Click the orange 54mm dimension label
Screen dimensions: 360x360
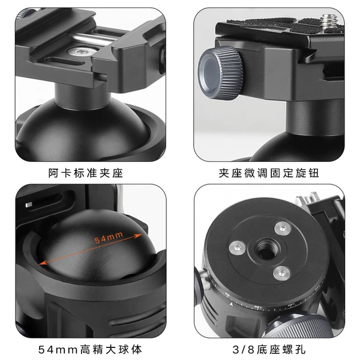[x=109, y=237]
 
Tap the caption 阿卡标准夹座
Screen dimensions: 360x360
[x=86, y=173]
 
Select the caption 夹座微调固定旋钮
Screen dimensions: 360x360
[x=269, y=173]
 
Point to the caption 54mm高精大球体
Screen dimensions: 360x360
[x=90, y=350]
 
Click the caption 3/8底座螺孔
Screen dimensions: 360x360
[x=269, y=350]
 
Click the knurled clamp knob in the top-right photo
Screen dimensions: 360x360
[x=221, y=73]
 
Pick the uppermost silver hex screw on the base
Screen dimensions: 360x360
[x=283, y=228]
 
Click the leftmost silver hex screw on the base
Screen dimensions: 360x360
[x=237, y=247]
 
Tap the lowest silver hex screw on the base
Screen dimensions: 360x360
[x=282, y=273]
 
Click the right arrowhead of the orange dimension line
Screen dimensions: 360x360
[x=139, y=236]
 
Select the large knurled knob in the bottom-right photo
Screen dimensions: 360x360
[x=298, y=326]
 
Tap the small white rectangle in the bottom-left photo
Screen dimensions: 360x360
[x=29, y=205]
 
